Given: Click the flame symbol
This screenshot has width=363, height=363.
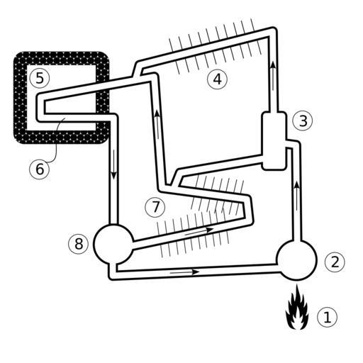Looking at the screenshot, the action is (x=297, y=308).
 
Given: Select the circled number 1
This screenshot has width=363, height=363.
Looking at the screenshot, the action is (x=327, y=317).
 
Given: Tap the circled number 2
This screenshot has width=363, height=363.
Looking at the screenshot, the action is (x=335, y=262).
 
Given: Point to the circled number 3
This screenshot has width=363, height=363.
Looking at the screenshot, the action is (x=303, y=121).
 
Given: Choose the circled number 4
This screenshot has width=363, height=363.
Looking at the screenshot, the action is (x=217, y=79).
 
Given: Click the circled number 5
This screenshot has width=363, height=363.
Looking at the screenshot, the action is (x=40, y=78).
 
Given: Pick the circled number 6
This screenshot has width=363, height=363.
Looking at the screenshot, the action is (x=40, y=169).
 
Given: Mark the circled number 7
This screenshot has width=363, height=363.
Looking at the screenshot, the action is (x=155, y=207).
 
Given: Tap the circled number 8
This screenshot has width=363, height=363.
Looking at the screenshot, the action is (x=79, y=244).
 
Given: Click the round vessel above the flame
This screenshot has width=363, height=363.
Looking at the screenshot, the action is (x=297, y=260).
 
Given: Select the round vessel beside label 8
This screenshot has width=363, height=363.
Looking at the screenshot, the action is (x=113, y=244).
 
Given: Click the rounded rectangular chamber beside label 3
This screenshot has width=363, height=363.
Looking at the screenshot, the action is (x=274, y=141).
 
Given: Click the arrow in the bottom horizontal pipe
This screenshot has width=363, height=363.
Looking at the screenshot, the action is (x=185, y=272).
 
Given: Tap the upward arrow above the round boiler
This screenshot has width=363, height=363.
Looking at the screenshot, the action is (x=297, y=196).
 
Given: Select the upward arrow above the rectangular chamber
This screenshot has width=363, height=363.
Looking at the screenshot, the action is (x=273, y=75).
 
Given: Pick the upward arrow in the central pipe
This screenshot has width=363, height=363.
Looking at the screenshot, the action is (x=157, y=125).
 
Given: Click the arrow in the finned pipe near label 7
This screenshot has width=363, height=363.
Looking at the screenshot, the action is (x=199, y=231).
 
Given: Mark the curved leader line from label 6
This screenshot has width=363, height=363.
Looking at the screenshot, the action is (x=56, y=141).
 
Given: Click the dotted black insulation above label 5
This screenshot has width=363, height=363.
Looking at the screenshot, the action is (x=62, y=58).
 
